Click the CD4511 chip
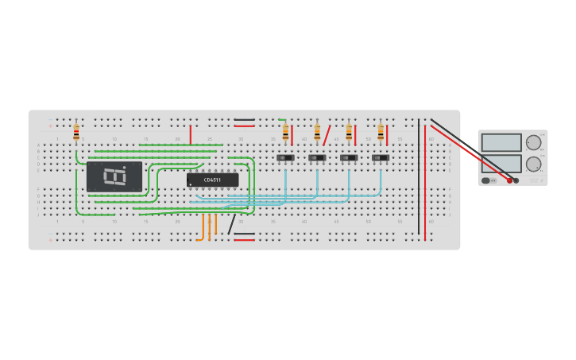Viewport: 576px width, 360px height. tap(212, 180)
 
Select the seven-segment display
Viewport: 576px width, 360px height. tap(114, 176)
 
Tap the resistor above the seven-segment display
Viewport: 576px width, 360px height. tap(76, 131)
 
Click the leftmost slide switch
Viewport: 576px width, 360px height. tap(285, 157)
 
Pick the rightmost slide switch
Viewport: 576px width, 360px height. tap(381, 157)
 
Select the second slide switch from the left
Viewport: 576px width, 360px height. tap(317, 157)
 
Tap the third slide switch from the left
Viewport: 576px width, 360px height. tap(349, 157)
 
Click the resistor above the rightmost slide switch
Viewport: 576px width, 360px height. tap(381, 131)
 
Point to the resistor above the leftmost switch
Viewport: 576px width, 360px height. tap(285, 131)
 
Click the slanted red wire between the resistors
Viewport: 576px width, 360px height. tap(327, 134)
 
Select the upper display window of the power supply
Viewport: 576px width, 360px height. tap(501, 142)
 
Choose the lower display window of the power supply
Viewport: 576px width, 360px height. tap(501, 164)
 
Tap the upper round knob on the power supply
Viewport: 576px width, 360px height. tap(533, 143)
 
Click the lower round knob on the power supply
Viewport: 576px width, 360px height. tap(533, 164)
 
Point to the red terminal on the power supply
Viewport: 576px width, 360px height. tap(509, 180)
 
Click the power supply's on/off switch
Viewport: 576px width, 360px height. tap(485, 180)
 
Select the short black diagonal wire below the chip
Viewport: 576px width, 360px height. tap(231, 224)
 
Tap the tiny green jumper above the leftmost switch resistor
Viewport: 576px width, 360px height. tap(282, 120)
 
